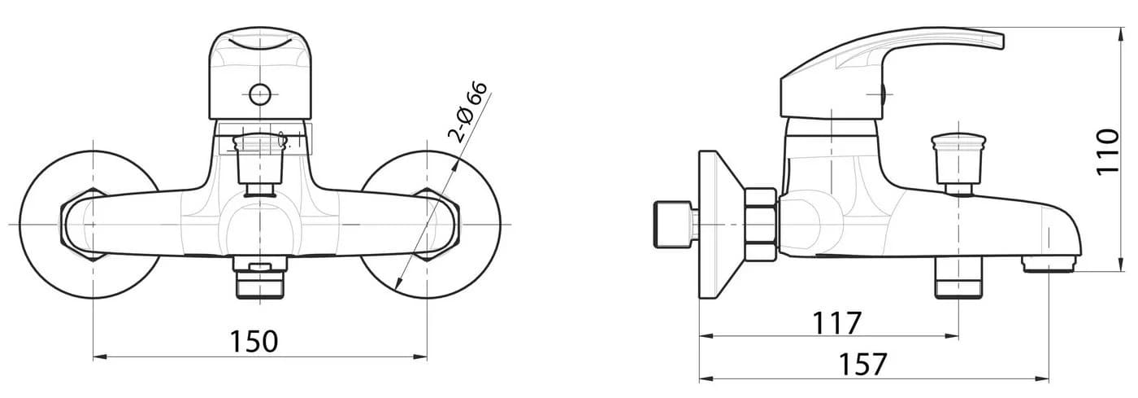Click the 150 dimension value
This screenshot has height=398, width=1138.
tap(254, 342)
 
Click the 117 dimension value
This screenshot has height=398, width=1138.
tap(837, 322)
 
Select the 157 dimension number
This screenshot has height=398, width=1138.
tap(862, 365)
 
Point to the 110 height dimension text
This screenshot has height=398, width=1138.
tap(1108, 152)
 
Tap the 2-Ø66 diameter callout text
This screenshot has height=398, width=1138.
tap(467, 112)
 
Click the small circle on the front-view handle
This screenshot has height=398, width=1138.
tap(259, 94)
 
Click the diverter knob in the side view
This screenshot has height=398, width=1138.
tap(958, 163)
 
